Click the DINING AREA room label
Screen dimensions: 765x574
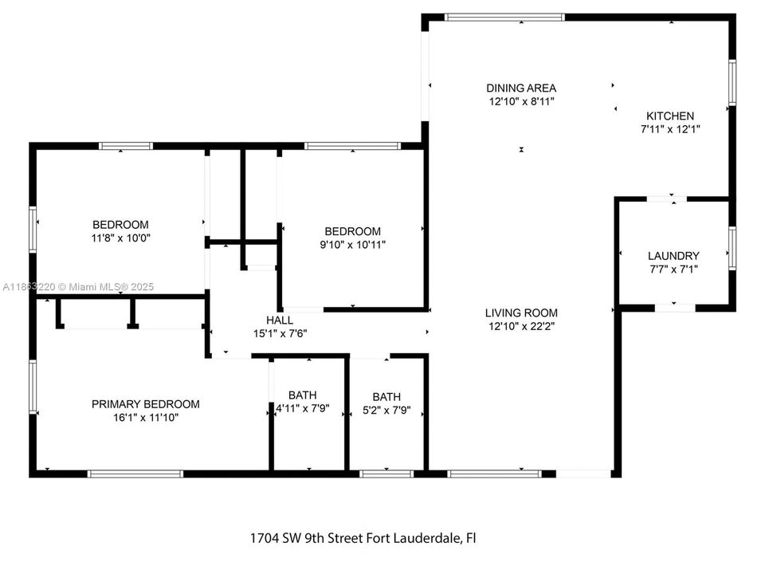521,88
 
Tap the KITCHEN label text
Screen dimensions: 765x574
670,116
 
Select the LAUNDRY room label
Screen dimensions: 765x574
673,256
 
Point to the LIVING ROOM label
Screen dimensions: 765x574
521,313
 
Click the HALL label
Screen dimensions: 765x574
280,320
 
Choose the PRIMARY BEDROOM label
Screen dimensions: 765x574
145,404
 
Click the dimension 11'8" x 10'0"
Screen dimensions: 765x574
120,238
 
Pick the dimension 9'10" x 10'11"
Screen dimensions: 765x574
353,245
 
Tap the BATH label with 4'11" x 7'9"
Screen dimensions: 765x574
303,395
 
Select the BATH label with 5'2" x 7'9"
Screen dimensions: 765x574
386,397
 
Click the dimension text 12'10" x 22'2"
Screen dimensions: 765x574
521,326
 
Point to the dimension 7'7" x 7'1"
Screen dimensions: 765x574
674,269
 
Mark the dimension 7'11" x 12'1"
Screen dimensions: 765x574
670,129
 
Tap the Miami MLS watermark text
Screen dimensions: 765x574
111,287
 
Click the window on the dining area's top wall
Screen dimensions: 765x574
504,18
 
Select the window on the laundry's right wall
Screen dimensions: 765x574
732,248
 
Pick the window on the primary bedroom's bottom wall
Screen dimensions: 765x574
135,474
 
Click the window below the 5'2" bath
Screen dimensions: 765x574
386,474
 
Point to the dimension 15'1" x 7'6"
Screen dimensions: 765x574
280,333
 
